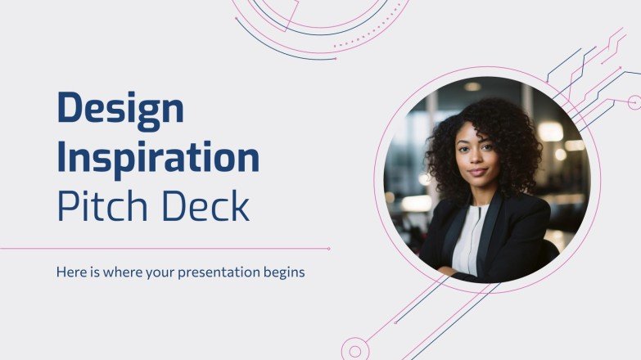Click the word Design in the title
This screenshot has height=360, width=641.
119,108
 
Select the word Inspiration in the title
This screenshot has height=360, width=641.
158,156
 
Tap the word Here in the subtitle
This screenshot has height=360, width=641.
70,272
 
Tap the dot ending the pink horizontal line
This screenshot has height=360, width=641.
329,248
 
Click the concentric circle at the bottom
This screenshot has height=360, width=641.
354,350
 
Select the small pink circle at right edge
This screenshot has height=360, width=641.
634,102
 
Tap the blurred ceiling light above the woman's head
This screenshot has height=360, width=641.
472,86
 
